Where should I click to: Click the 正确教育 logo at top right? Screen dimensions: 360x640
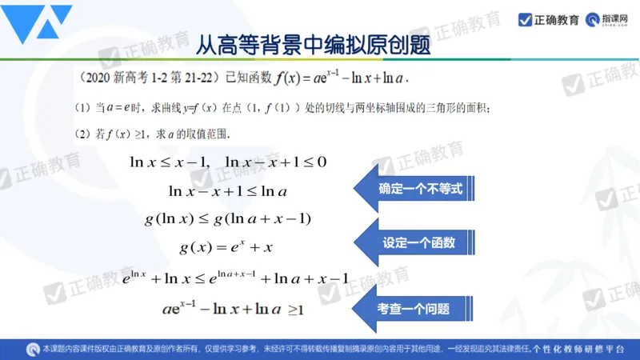tap(549, 20)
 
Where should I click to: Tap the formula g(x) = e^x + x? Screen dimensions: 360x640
tap(229, 245)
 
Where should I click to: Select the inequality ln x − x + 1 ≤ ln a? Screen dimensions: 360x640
tap(228, 190)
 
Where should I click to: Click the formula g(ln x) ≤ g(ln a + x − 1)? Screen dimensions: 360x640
tap(228, 218)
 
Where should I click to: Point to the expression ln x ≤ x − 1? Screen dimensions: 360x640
tap(169, 162)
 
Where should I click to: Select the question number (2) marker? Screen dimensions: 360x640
tap(82, 134)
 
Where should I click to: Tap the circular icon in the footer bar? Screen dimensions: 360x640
tap(34, 349)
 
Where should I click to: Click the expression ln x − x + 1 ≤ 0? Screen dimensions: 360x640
tap(276, 162)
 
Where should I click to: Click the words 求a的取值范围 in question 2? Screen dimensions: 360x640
tap(193, 134)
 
